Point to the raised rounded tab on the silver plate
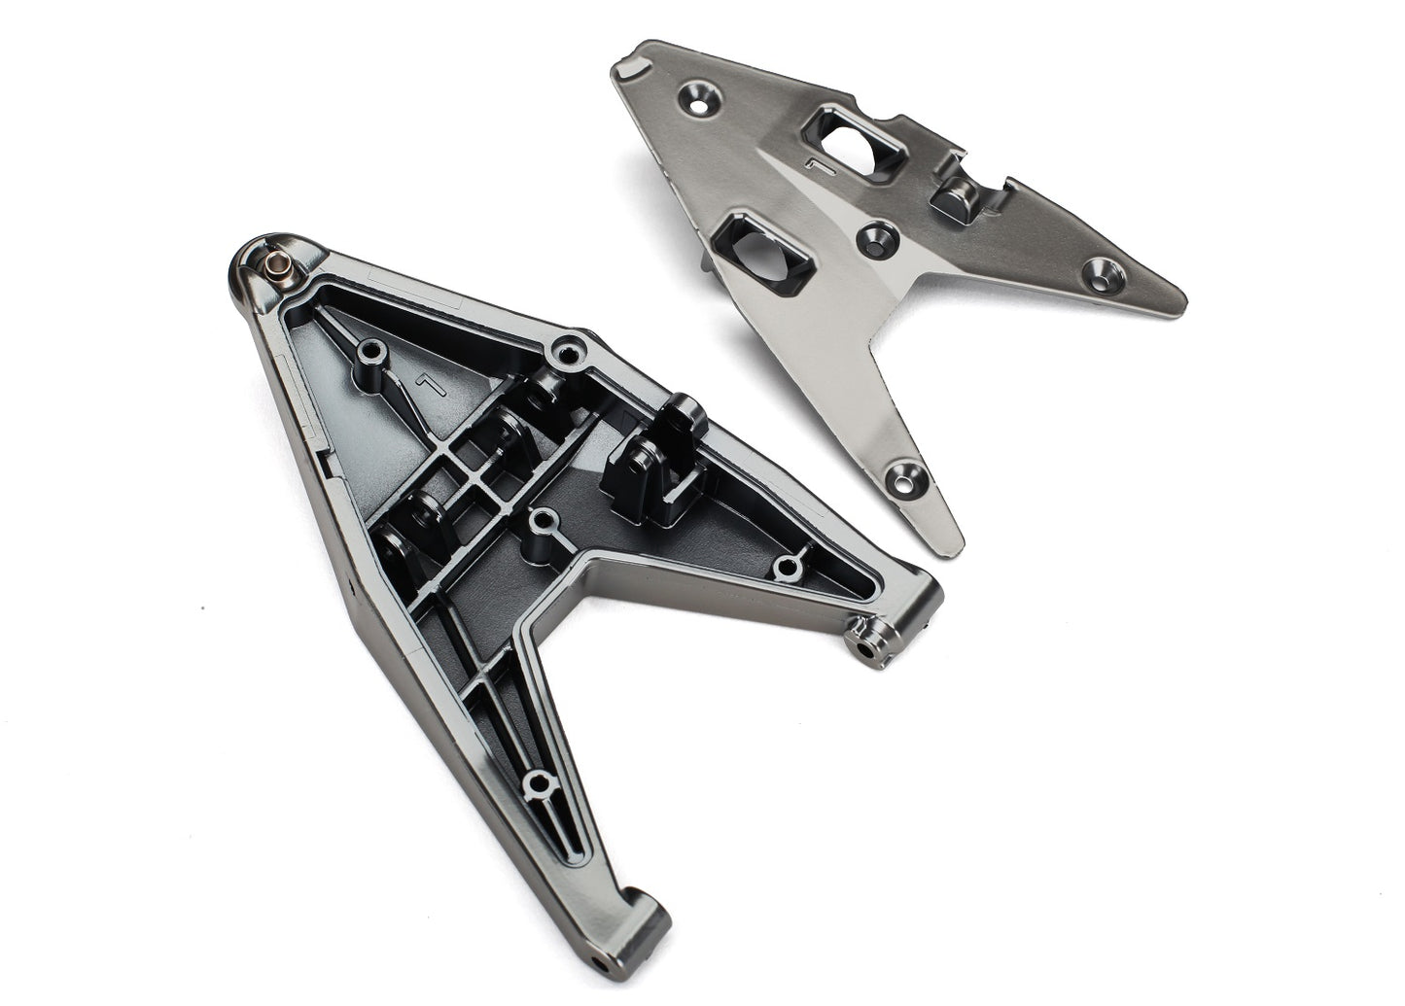[949, 191]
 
